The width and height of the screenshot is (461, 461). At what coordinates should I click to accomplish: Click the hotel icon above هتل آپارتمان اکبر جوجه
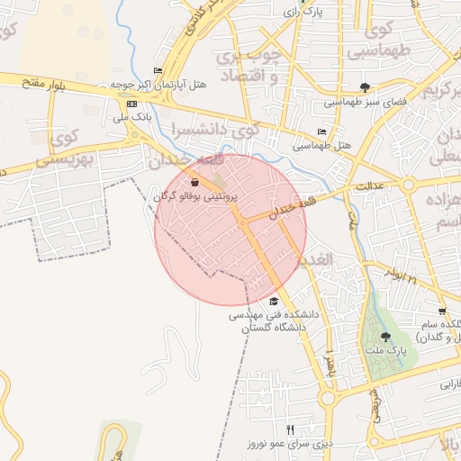click(x=158, y=71)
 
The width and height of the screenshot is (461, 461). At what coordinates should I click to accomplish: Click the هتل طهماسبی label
click(x=321, y=145)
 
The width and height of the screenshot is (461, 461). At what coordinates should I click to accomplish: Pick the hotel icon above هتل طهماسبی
click(x=321, y=132)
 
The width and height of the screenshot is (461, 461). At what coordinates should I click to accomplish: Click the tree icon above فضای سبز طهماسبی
click(x=364, y=87)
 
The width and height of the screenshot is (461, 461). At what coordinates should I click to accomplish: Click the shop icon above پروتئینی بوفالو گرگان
click(x=195, y=182)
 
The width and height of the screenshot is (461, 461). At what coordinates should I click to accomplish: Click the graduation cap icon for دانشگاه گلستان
click(x=274, y=302)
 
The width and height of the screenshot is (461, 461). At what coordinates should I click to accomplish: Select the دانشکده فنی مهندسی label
click(x=274, y=315)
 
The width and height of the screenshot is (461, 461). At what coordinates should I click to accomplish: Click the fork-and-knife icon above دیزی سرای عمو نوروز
click(x=290, y=430)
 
